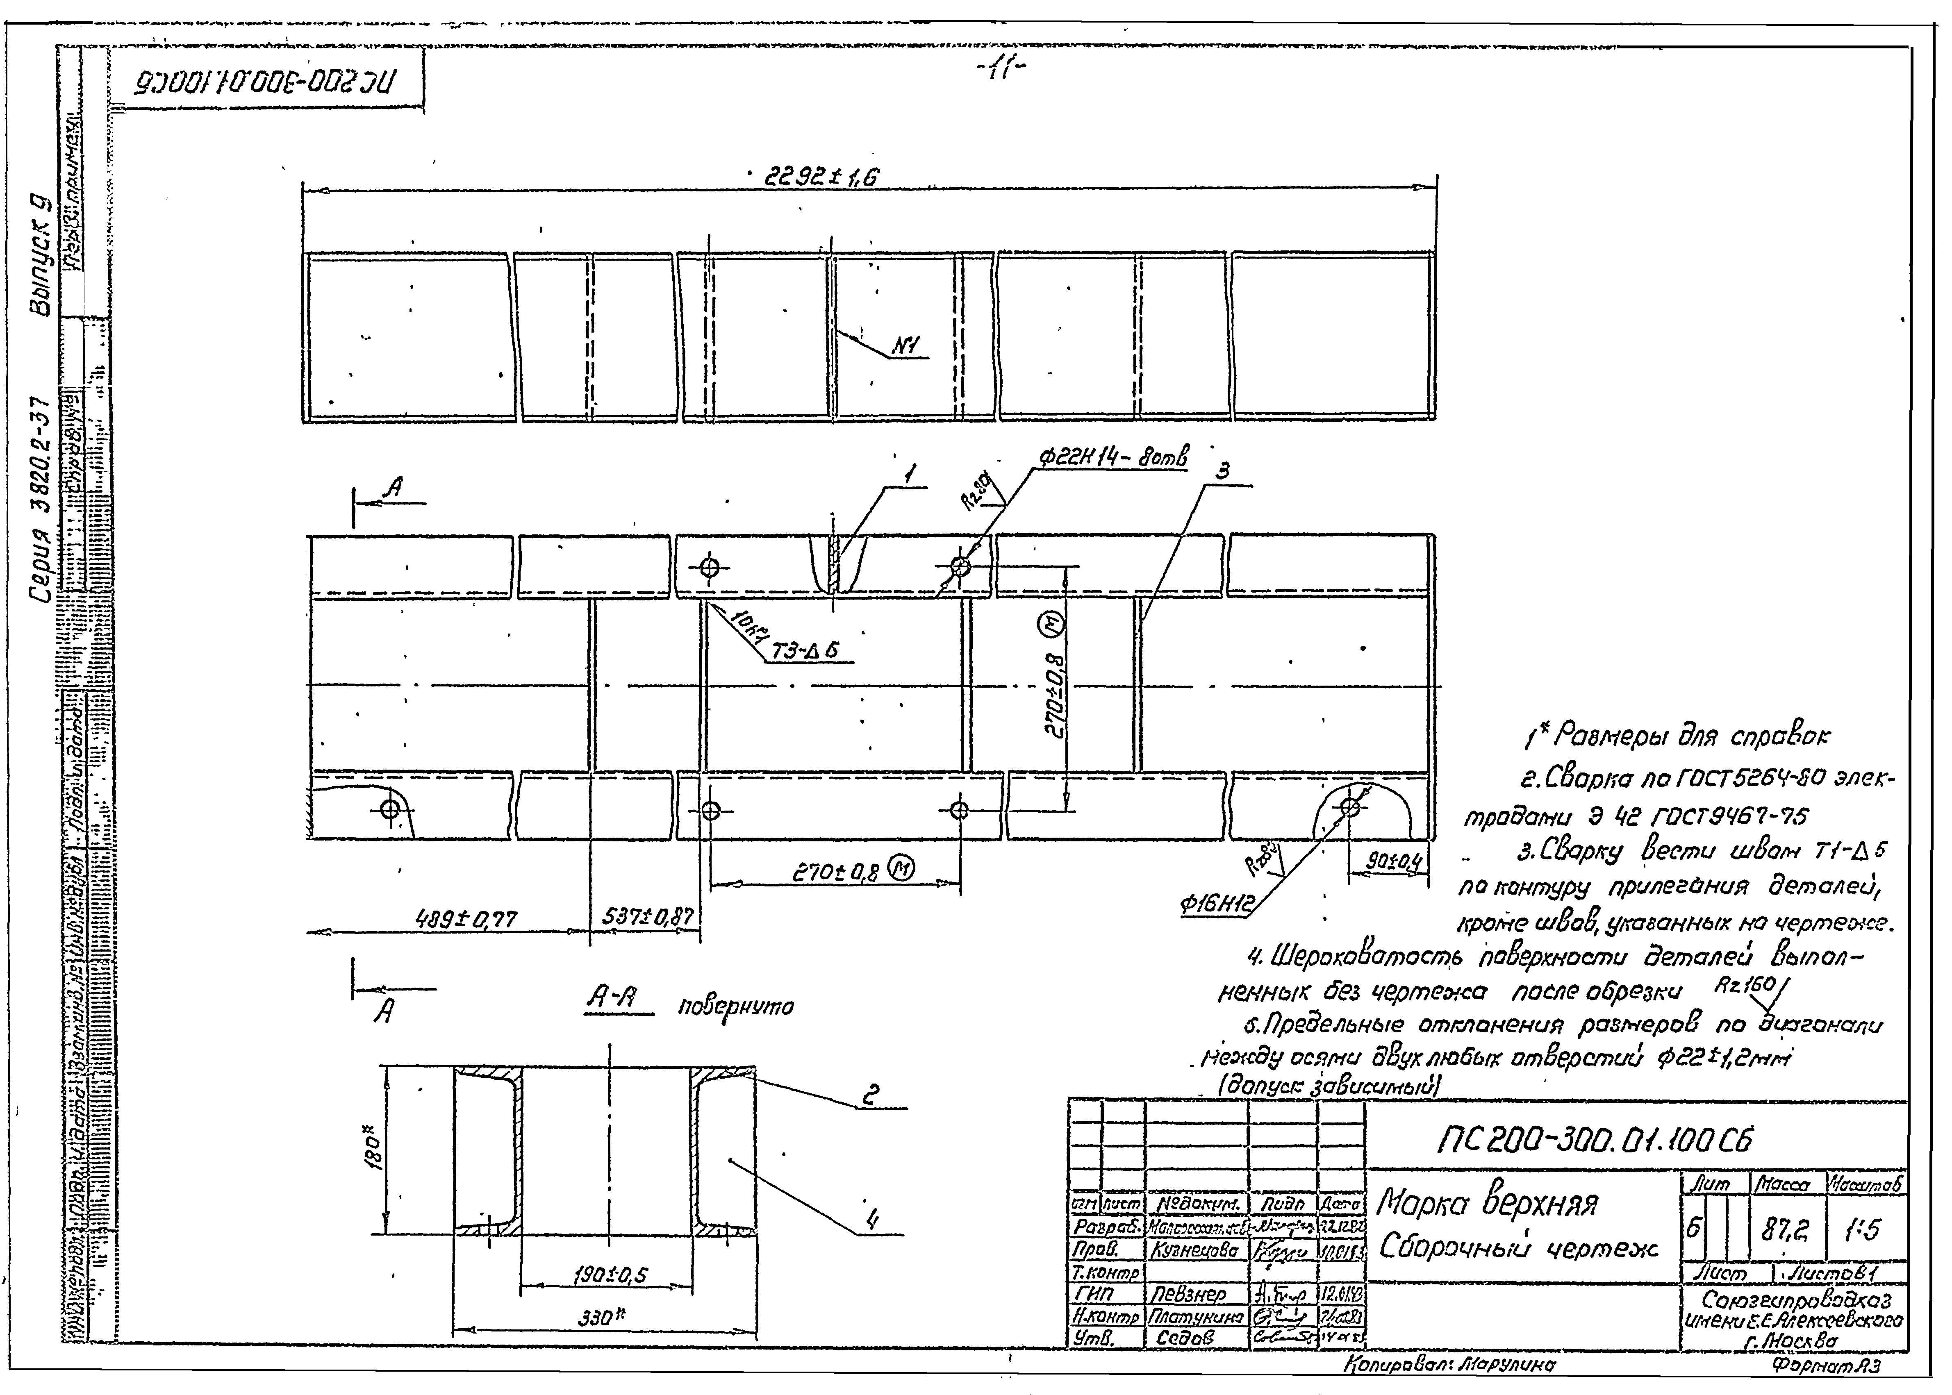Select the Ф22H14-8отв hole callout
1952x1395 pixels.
(x=1113, y=459)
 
